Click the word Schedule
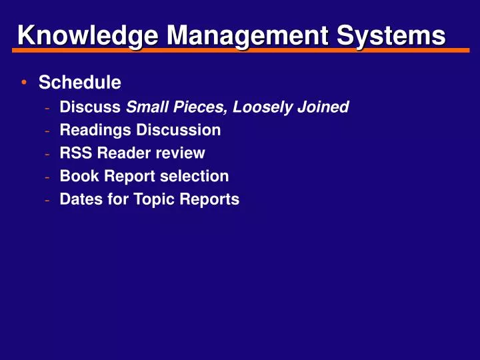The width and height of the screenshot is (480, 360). tap(80, 83)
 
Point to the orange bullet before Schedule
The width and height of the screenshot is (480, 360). tap(24, 83)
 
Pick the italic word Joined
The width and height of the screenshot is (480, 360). tap(325, 107)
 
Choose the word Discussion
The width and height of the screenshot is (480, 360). tap(178, 130)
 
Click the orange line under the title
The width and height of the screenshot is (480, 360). tap(240, 49)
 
